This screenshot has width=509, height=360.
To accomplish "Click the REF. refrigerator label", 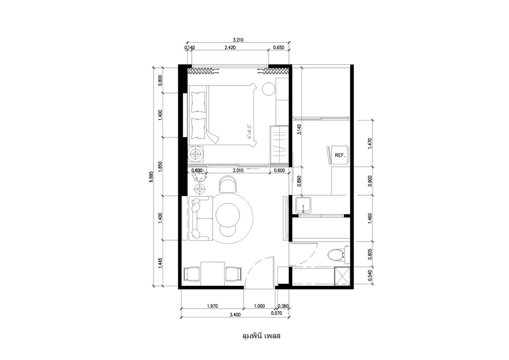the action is pos(340,155).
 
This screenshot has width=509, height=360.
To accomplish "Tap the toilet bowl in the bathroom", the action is pos(336,255).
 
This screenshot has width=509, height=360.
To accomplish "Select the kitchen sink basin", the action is pos(303,205).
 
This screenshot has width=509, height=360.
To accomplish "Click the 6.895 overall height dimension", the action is pos(151,177).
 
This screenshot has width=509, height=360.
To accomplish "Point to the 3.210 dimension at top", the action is pos(238,40).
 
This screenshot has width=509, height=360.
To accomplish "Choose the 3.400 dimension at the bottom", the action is pos(235,315).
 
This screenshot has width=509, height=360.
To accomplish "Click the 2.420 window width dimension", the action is pos(230,48).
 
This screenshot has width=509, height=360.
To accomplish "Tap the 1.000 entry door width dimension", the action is pos(259,306).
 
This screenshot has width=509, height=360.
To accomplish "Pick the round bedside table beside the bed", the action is pos(269,90).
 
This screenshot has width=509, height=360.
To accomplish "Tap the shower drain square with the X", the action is pos(342,276).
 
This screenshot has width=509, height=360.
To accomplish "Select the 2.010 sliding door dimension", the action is pos(238,171).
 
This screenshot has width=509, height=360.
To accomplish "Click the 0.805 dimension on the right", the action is pos(370,253).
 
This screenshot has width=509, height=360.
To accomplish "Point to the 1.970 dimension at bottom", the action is pos(212,306).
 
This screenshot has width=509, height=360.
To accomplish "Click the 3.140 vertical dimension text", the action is pos(299,129).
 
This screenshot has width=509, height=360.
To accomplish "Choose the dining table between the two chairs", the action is pos(213,274).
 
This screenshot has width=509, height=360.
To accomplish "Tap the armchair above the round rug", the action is pos(228,184).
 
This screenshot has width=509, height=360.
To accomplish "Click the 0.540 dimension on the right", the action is pos(370,275).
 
